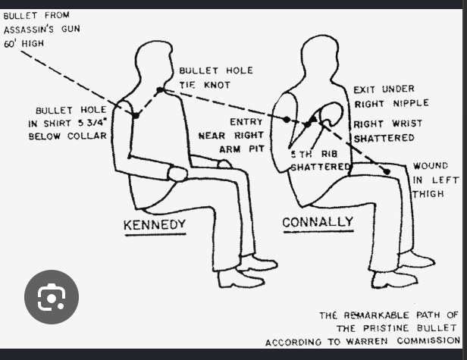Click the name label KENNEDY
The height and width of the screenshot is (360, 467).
155,224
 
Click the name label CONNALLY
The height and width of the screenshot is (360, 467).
318,222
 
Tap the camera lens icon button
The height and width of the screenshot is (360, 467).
52,297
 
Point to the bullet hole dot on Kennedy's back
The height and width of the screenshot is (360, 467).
136,115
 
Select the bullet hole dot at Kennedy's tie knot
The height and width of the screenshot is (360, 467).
160,89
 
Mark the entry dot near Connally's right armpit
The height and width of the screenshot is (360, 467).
287,120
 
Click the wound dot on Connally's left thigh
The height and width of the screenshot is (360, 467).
387,171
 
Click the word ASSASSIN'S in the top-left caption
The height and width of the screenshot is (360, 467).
29,30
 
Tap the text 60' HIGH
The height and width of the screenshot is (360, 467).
24,43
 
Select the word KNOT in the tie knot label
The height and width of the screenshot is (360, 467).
218,85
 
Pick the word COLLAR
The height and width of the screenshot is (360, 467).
87,136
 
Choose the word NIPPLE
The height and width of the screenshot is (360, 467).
411,103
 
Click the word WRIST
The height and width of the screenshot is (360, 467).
407,124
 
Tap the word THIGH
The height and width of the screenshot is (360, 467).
428,194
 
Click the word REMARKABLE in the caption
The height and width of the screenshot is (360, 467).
377,315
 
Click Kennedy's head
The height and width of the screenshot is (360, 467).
154,64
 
